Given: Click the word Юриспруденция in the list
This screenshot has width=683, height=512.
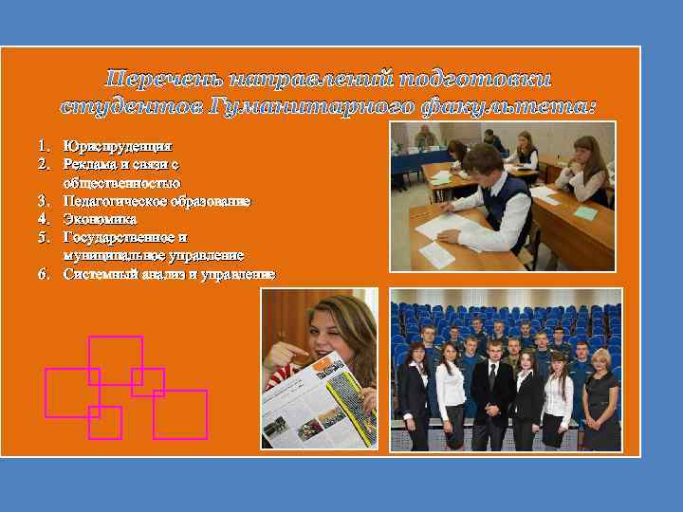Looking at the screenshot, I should tap(118, 147).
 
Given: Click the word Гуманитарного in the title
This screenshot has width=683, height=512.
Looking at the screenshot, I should tap(322, 105).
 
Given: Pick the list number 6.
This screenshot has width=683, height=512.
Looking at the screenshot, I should tap(44, 274).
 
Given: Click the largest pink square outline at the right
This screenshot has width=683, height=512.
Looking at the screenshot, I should tap(180, 414).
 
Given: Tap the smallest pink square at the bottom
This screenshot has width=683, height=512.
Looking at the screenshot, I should tap(104, 422).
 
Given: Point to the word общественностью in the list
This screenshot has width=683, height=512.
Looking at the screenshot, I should tap(121, 183).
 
